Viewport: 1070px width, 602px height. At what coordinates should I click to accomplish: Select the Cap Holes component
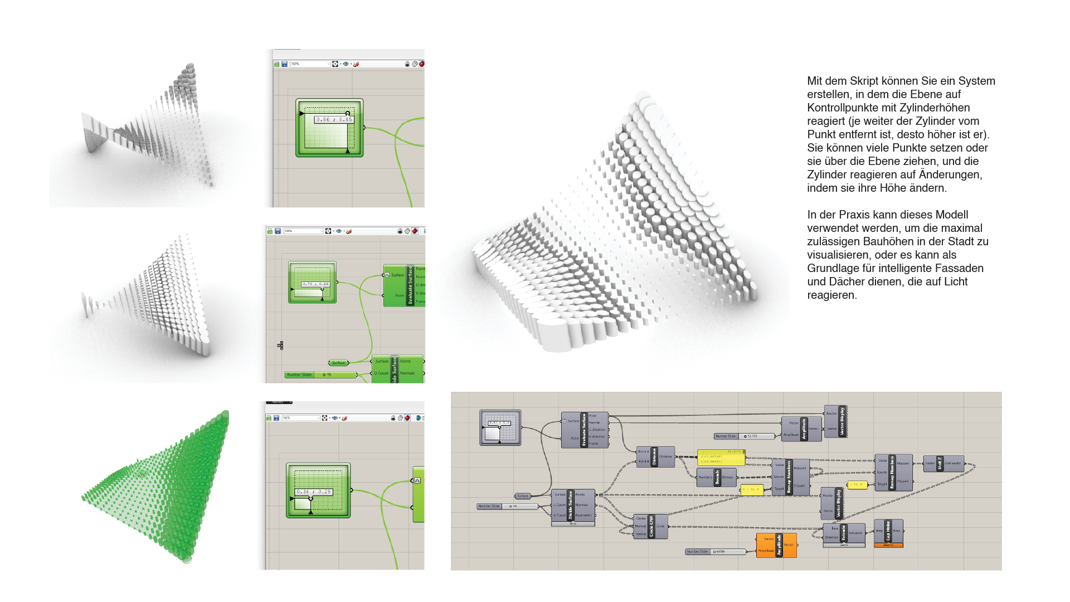(888, 531)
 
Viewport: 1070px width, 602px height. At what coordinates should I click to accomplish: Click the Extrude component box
(844, 533)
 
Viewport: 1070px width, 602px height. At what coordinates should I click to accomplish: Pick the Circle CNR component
(650, 526)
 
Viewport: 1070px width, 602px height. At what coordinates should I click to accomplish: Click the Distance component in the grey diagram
(655, 457)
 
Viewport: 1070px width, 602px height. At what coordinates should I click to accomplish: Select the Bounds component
(717, 477)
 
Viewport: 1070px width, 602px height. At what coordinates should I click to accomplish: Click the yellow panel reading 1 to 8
(857, 484)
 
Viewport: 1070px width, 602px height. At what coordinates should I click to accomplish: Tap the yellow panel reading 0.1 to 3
(752, 489)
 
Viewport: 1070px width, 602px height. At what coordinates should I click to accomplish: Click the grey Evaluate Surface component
(584, 430)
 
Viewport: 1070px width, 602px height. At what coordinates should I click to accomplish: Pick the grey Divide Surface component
(571, 505)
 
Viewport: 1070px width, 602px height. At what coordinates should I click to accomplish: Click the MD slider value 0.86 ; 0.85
(334, 119)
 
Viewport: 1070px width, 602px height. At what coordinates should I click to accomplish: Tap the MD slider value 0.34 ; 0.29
(314, 492)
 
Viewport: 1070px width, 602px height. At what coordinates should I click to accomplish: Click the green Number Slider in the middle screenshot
(321, 375)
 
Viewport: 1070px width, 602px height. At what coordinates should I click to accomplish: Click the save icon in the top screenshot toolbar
(284, 64)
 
